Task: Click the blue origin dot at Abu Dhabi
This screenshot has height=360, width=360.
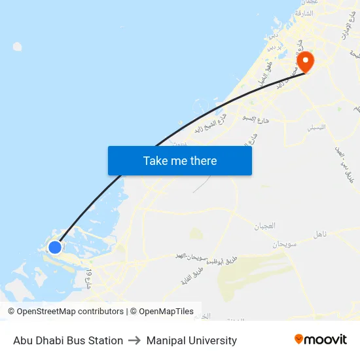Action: tap(55, 247)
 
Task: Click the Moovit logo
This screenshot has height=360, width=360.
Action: tap(321, 340)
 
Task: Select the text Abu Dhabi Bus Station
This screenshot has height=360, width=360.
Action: tap(68, 340)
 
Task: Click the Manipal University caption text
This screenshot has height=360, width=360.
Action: tap(192, 340)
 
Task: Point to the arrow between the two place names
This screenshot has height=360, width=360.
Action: tap(135, 340)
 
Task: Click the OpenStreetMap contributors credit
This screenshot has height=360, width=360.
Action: tap(65, 312)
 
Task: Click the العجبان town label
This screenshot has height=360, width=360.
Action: tap(264, 226)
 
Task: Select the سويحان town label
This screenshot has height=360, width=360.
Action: tap(285, 243)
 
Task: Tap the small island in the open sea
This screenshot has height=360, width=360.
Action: tap(17, 46)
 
